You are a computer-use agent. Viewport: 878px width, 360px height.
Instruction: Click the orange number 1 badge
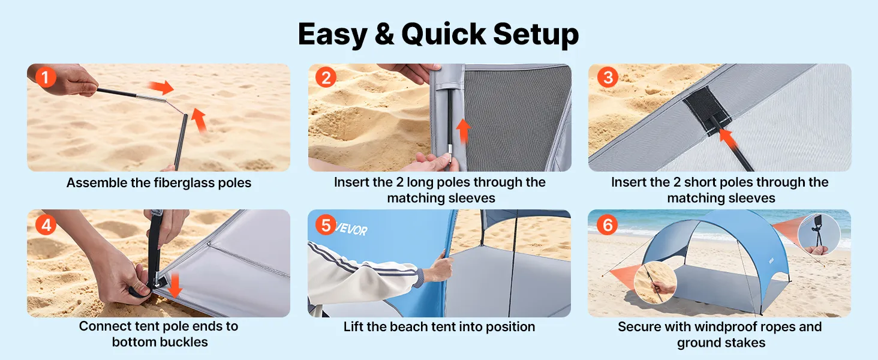[x=46, y=77]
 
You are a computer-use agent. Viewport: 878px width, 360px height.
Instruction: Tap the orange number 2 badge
[x=326, y=77]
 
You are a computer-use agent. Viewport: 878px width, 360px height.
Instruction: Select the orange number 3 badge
[x=608, y=77]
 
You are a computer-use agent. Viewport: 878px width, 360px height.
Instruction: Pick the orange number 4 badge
[x=46, y=225]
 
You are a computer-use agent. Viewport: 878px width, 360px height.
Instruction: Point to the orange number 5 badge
[x=326, y=225]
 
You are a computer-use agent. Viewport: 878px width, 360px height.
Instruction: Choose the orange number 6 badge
[x=607, y=225]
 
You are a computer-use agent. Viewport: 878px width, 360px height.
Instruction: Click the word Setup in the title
[x=536, y=35]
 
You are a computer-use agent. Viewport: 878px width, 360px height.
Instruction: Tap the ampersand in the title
[x=384, y=34]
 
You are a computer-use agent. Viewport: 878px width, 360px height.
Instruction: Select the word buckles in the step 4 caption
[x=184, y=342]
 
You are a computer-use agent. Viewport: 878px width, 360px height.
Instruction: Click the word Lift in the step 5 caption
[x=353, y=326]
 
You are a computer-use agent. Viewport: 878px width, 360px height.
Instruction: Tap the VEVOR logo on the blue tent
[x=351, y=229]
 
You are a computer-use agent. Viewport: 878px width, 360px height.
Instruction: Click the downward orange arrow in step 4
[x=174, y=285]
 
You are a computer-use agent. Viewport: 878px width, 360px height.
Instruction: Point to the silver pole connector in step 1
[x=151, y=98]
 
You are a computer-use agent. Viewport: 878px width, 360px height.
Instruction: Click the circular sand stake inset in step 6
[x=655, y=283]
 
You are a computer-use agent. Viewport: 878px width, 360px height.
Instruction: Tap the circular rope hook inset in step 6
[x=819, y=234]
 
